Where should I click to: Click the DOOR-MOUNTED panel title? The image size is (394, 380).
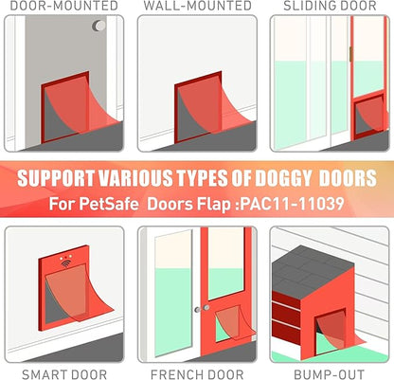[64, 6]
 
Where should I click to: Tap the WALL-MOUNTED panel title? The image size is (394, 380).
[198, 6]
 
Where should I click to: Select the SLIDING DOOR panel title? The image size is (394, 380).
[330, 6]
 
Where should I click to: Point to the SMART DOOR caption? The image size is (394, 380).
[64, 374]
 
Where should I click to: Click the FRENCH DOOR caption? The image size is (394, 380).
[197, 374]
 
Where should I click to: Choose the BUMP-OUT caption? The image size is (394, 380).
[330, 374]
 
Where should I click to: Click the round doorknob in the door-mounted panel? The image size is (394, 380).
[98, 26]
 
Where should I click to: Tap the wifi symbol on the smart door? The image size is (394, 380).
[65, 263]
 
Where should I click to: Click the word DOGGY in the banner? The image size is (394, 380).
[283, 178]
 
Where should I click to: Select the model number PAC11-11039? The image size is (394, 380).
[292, 204]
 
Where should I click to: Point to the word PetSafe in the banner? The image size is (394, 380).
[109, 204]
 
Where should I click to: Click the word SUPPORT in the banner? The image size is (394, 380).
[56, 178]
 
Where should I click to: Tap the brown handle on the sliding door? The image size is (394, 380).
[350, 54]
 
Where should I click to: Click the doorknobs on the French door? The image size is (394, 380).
[202, 309]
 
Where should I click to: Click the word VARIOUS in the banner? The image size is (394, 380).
[135, 178]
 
